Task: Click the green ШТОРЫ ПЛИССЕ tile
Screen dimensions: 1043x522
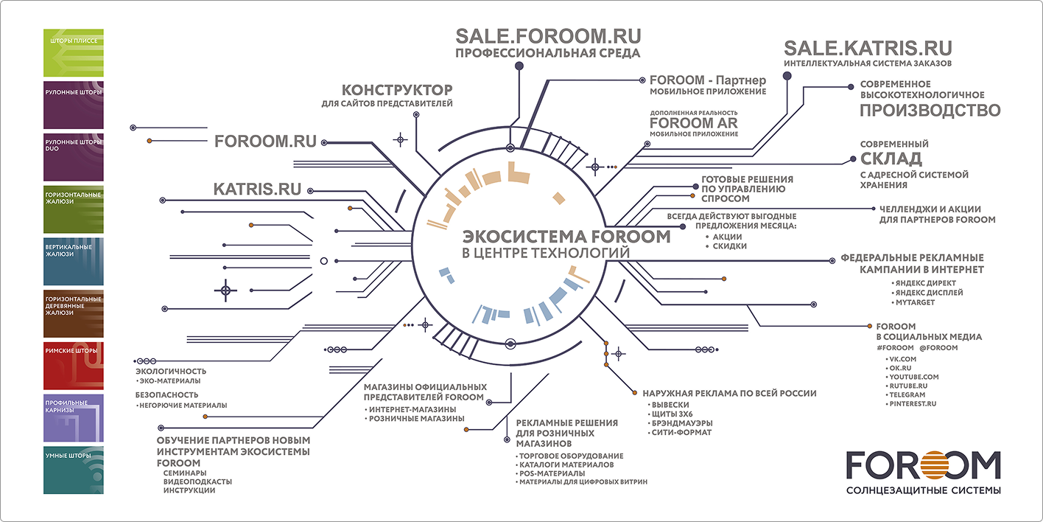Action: pyautogui.click(x=74, y=52)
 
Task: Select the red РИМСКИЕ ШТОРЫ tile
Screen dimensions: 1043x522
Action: pyautogui.click(x=74, y=366)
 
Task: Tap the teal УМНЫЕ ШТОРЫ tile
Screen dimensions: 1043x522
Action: pyautogui.click(x=74, y=470)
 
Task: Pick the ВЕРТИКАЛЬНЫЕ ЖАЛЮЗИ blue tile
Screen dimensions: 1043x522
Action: pyautogui.click(x=74, y=262)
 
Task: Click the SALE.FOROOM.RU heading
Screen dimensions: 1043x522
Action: pyautogui.click(x=548, y=36)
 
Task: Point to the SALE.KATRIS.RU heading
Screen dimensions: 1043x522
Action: pyautogui.click(x=868, y=48)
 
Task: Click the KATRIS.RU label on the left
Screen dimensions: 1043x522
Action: pyautogui.click(x=258, y=189)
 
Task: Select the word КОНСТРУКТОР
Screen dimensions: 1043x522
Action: pyautogui.click(x=397, y=89)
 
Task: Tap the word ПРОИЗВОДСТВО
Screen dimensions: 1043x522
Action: pyautogui.click(x=930, y=111)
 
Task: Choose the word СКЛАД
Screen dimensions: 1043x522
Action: pyautogui.click(x=891, y=159)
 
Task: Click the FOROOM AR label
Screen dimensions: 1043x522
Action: pyautogui.click(x=694, y=123)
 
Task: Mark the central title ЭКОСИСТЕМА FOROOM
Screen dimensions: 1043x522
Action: pyautogui.click(x=566, y=237)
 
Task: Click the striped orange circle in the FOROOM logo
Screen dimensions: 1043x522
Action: pyautogui.click(x=933, y=465)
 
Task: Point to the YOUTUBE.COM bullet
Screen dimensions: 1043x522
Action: pyautogui.click(x=913, y=377)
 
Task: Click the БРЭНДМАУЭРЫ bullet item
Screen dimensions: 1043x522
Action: pyautogui.click(x=681, y=423)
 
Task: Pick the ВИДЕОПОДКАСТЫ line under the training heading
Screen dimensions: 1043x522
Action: pyautogui.click(x=197, y=481)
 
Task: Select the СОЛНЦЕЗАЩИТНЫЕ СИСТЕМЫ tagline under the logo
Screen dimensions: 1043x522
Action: pyautogui.click(x=924, y=490)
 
